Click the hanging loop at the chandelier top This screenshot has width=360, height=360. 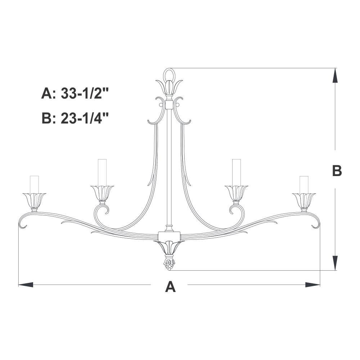pyautogui.click(x=169, y=69)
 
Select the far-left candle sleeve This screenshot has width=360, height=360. pyautogui.click(x=34, y=185)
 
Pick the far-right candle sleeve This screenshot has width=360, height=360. pyautogui.click(x=304, y=185)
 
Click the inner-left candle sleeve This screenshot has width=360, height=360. pyautogui.click(x=102, y=172)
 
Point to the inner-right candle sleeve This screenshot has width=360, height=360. pyautogui.click(x=236, y=172)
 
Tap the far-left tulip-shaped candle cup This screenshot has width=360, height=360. pyautogui.click(x=35, y=201)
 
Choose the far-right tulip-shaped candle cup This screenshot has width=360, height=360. pyautogui.click(x=304, y=201)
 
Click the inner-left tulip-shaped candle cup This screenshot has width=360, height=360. pyautogui.click(x=102, y=193)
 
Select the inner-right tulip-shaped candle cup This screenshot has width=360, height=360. pyautogui.click(x=236, y=193)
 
